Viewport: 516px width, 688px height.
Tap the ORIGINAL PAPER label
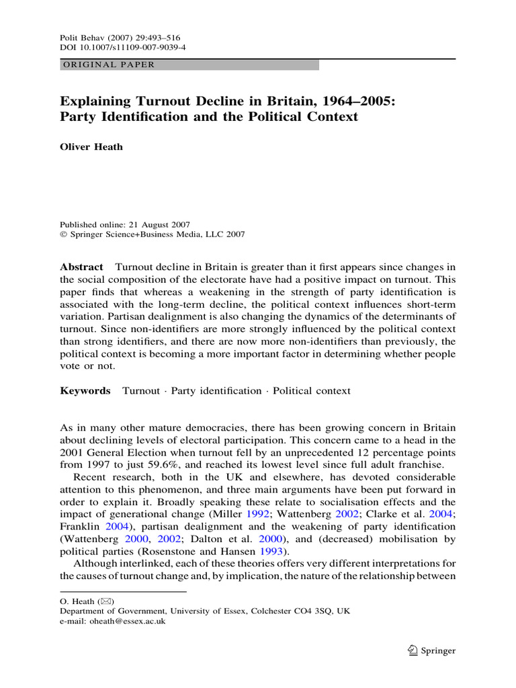click(x=108, y=65)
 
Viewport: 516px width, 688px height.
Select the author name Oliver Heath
click(x=91, y=147)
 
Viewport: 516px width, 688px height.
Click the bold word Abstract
click(x=81, y=267)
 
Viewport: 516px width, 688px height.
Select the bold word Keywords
click(x=85, y=390)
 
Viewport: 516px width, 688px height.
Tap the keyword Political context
click(x=312, y=390)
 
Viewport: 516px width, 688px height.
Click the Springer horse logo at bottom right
click(x=414, y=650)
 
